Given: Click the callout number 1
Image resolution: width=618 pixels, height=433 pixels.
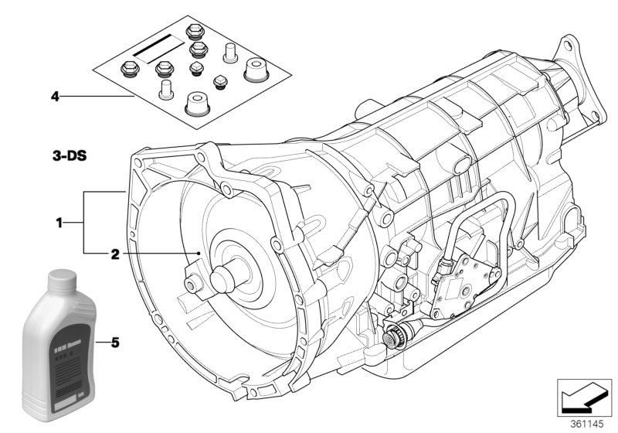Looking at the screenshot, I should [59, 223].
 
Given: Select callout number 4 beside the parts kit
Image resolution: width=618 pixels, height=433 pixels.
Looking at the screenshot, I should [55, 97].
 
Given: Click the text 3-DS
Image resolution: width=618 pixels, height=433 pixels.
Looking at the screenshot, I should [70, 155].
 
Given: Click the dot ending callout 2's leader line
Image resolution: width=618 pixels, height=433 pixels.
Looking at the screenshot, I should [199, 253].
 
